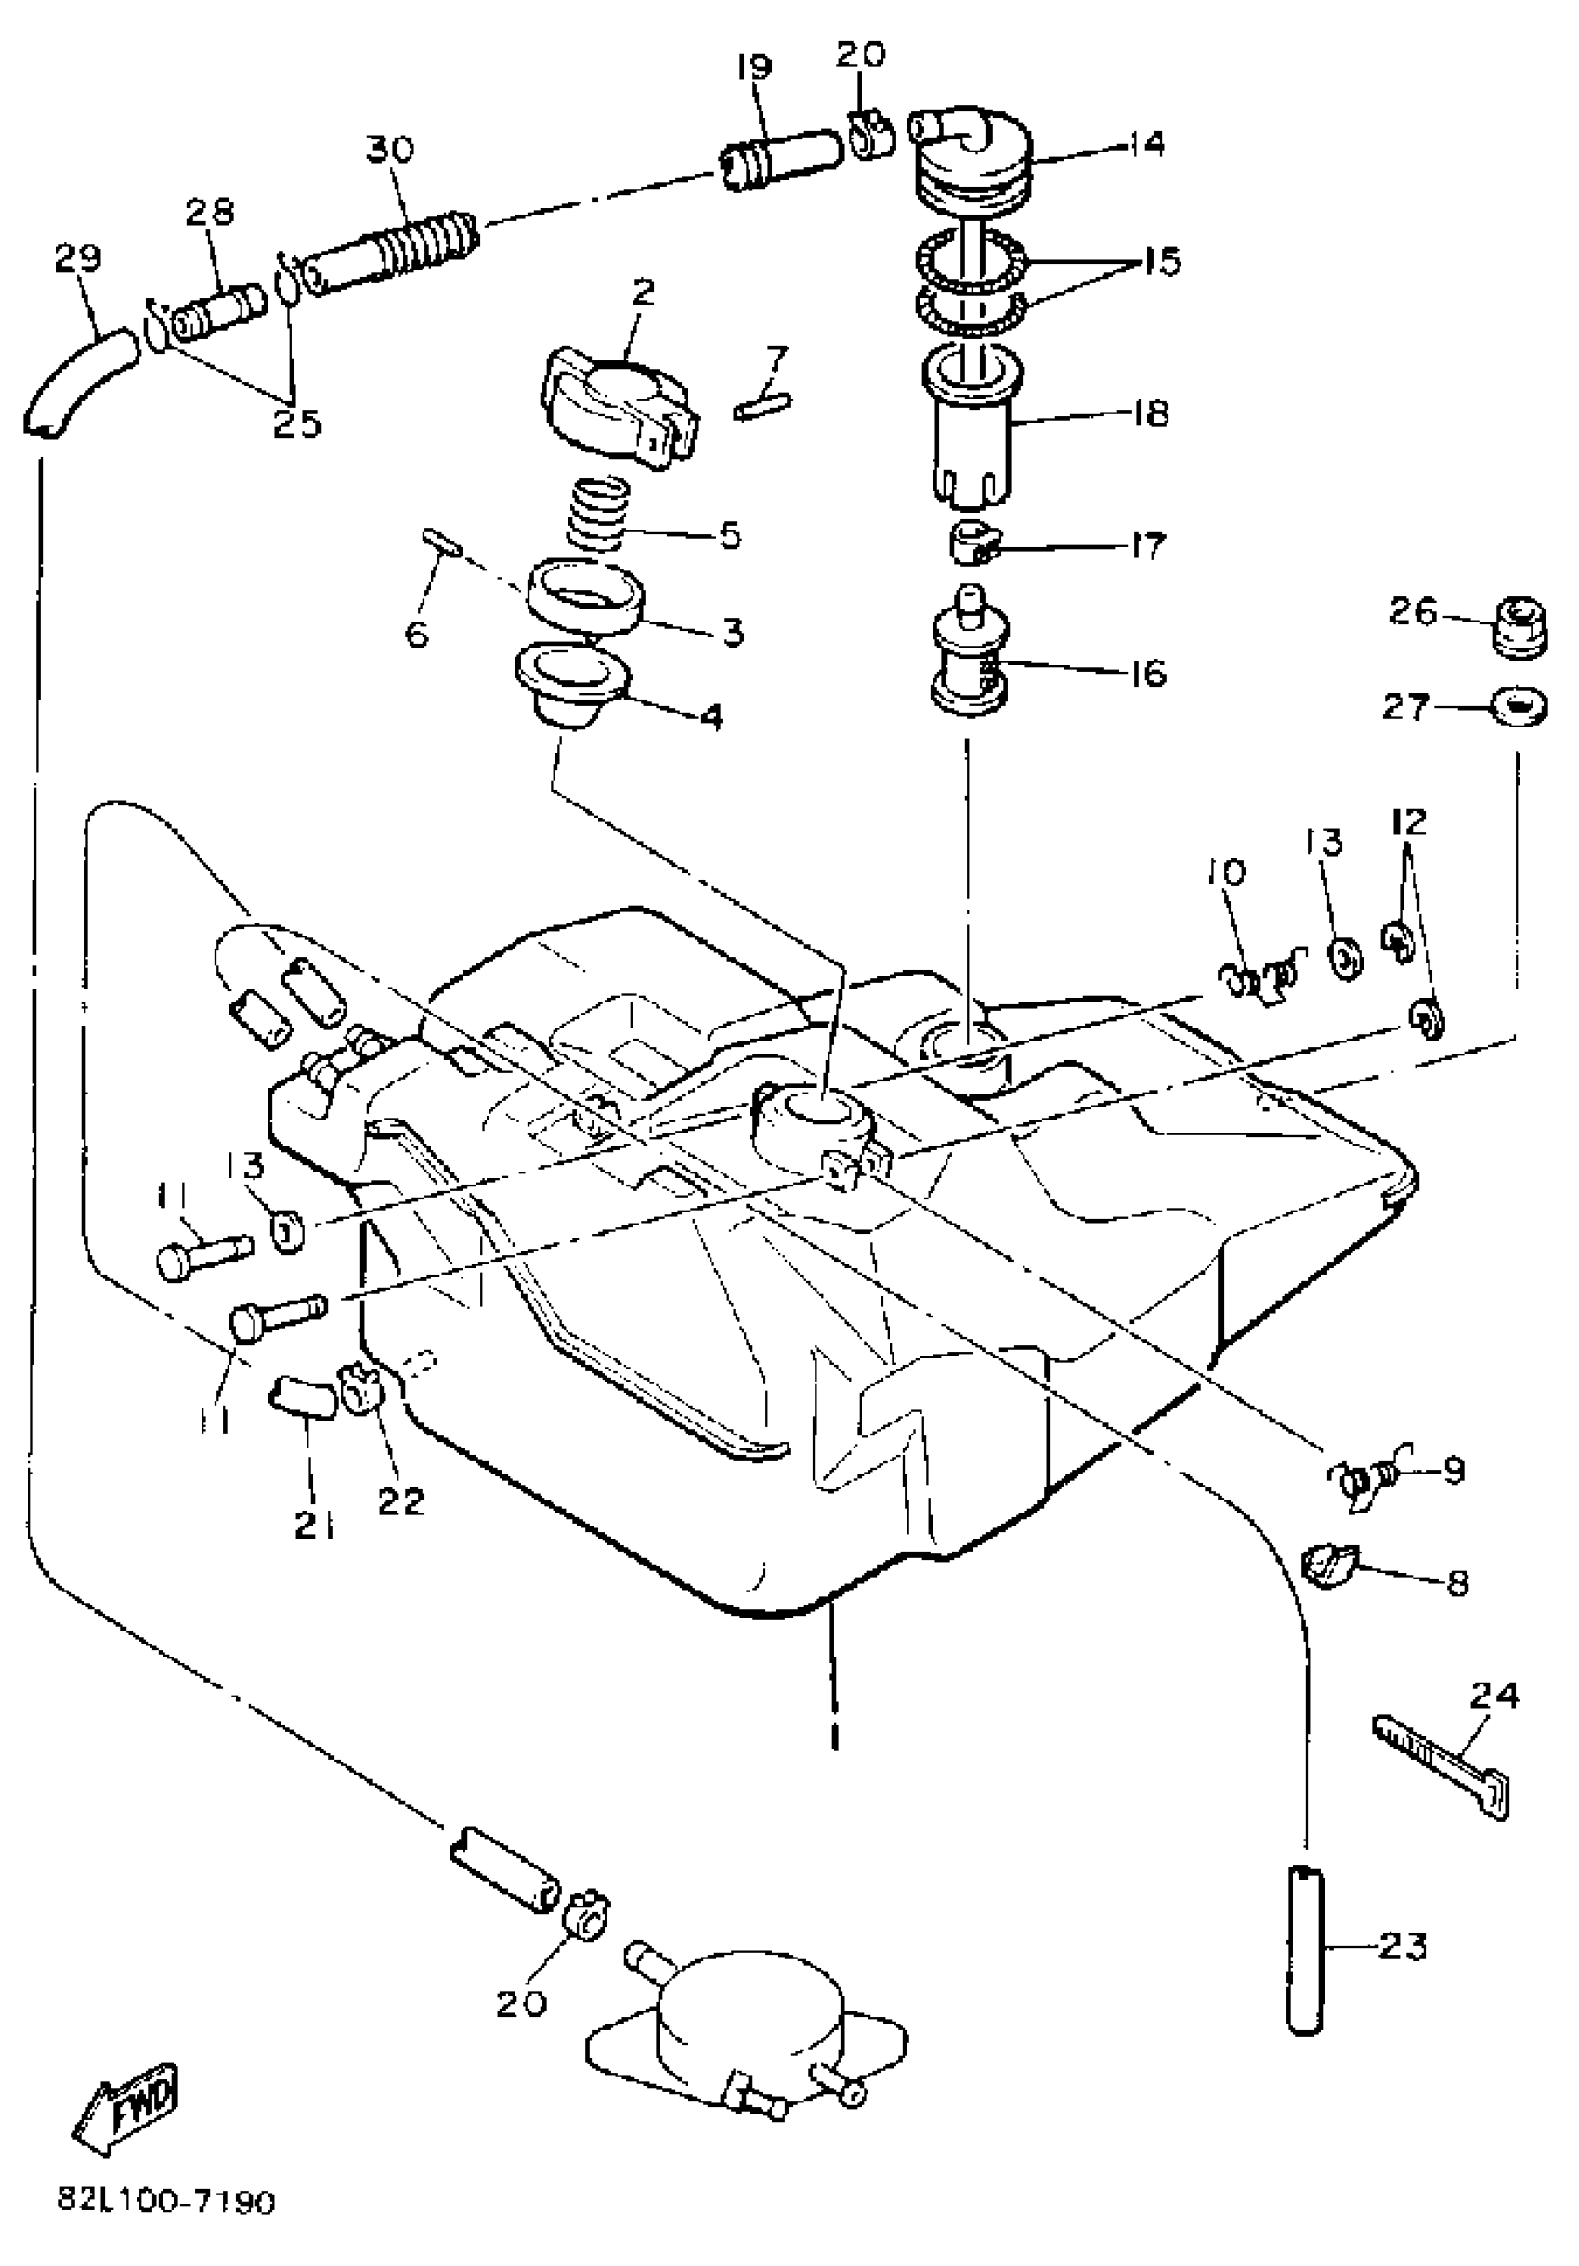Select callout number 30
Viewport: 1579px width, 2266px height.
tap(391, 150)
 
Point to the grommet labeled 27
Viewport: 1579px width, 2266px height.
tap(1519, 707)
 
